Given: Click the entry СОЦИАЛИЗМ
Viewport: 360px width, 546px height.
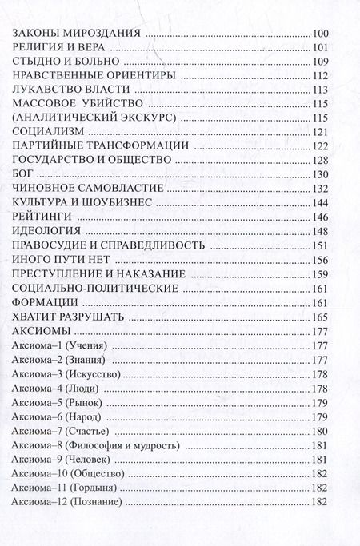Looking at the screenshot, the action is [50, 132].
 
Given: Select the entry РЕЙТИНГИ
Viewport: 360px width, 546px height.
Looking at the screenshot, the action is [43, 217].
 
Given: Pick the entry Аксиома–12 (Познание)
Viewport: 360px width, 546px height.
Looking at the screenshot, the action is [68, 502].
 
